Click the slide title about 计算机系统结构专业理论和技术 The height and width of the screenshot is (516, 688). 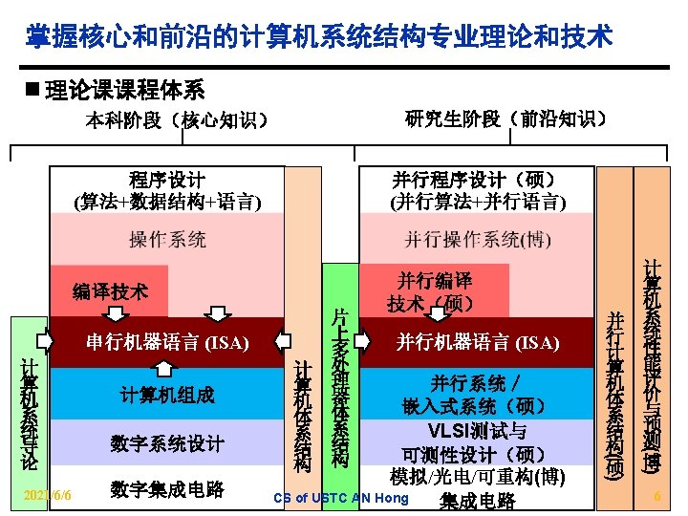[x=319, y=37]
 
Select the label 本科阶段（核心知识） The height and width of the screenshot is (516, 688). [x=176, y=120]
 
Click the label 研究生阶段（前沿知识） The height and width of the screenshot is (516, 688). [x=505, y=119]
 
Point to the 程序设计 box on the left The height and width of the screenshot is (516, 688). [x=167, y=190]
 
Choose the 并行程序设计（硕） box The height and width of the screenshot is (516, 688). [x=477, y=190]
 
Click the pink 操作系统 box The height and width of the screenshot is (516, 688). [x=167, y=239]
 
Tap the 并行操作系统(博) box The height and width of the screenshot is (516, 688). [x=477, y=239]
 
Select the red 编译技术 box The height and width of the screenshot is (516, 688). [x=110, y=290]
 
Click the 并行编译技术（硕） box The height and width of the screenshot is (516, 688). [x=435, y=291]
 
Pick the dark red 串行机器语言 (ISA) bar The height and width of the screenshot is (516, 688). [x=167, y=342]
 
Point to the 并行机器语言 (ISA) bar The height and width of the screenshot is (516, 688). [x=477, y=342]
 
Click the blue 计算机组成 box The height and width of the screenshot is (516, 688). [x=167, y=394]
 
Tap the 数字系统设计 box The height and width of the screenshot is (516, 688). [x=167, y=443]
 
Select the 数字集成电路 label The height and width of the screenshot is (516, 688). [x=167, y=489]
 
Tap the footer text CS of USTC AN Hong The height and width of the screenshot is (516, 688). [x=340, y=498]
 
